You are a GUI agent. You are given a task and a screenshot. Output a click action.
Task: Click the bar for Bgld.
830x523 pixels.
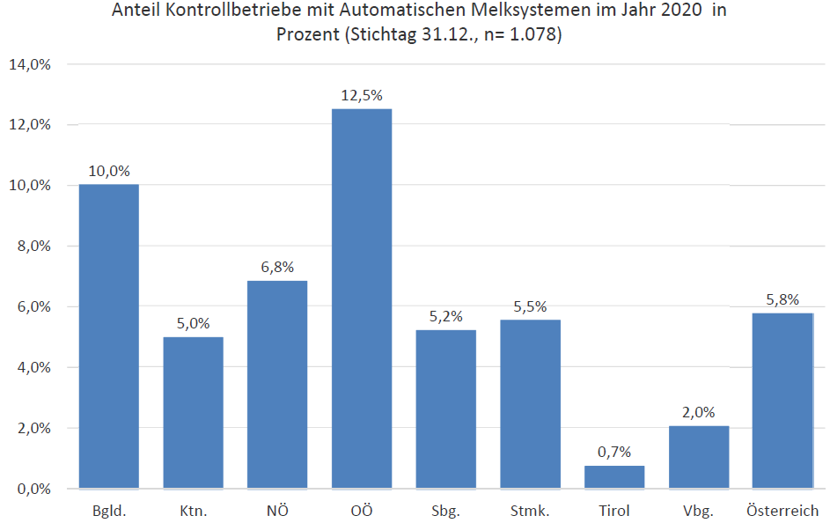(109, 335)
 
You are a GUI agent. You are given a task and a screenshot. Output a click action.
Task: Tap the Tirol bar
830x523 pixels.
(614, 476)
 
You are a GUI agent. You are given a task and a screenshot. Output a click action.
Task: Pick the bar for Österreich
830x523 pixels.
(782, 400)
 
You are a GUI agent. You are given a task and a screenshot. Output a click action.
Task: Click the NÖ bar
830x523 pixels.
(277, 384)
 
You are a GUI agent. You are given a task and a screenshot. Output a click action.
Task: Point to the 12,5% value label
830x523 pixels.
(362, 95)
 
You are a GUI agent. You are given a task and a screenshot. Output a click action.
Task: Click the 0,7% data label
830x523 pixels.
(614, 452)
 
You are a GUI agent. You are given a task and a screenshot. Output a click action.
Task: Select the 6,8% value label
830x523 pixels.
(277, 267)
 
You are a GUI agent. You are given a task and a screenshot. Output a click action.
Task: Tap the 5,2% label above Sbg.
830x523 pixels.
(446, 316)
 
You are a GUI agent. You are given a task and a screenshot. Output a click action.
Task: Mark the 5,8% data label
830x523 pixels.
(782, 298)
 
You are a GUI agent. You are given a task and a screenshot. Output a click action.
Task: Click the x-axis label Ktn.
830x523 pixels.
(194, 511)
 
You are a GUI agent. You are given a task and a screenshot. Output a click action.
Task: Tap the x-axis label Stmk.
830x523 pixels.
(530, 511)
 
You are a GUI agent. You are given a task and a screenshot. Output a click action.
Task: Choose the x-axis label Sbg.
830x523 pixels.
(446, 511)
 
